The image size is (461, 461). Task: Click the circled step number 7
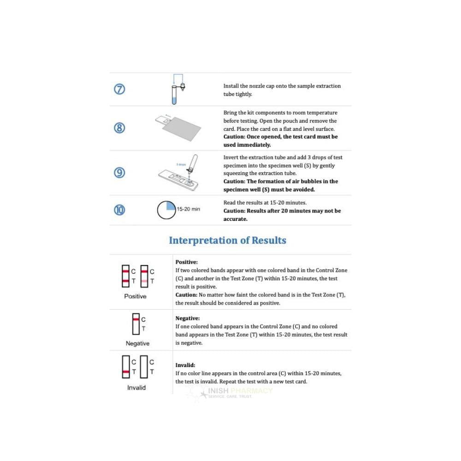pyautogui.click(x=119, y=89)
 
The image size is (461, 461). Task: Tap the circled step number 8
pyautogui.click(x=119, y=128)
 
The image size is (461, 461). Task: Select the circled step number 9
pyautogui.click(x=119, y=172)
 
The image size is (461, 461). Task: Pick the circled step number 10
pyautogui.click(x=119, y=210)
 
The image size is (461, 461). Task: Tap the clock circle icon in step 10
pyautogui.click(x=166, y=210)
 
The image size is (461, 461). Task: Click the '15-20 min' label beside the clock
pyautogui.click(x=189, y=209)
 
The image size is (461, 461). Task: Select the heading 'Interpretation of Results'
pyautogui.click(x=227, y=240)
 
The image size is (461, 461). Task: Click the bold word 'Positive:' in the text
pyautogui.click(x=186, y=262)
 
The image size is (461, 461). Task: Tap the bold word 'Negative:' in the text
pyautogui.click(x=187, y=318)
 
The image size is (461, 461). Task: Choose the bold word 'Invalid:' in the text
pyautogui.click(x=185, y=365)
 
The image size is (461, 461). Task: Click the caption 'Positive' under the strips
pyautogui.click(x=135, y=296)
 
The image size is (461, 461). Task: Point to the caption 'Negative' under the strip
pyautogui.click(x=137, y=343)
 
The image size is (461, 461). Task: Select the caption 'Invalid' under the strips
pyautogui.click(x=136, y=388)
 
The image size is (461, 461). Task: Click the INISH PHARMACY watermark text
pyautogui.click(x=240, y=391)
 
